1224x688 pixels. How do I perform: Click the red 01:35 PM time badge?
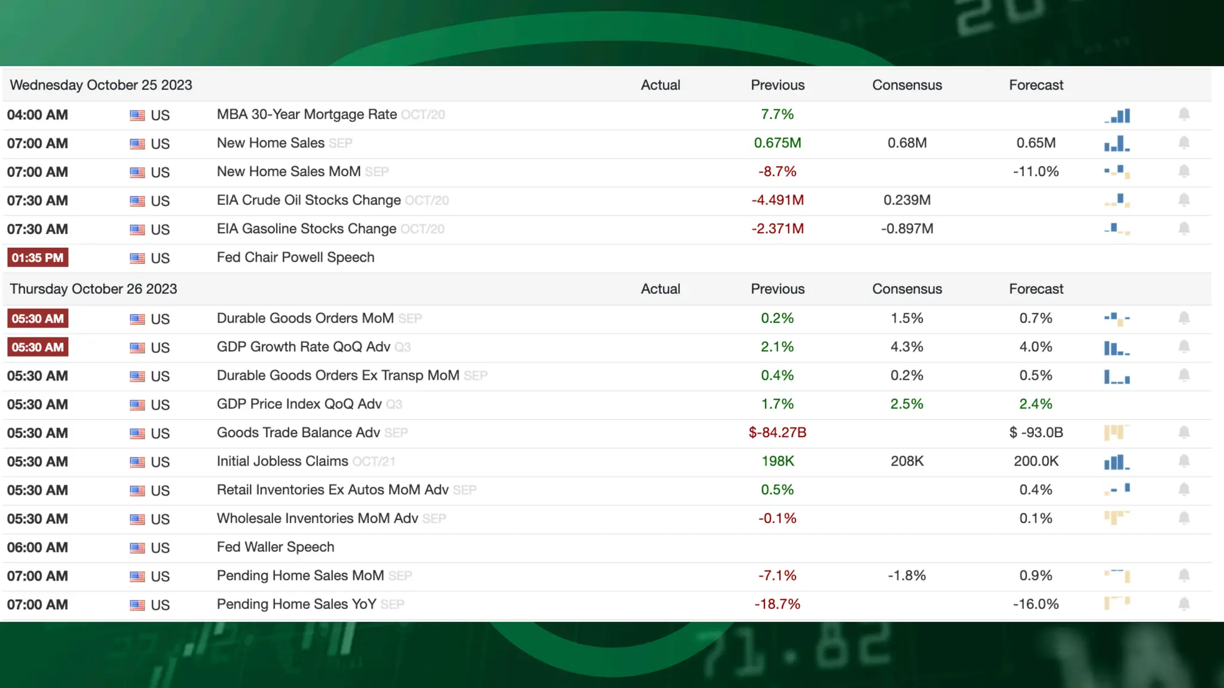pos(38,258)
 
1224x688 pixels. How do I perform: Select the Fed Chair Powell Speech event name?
pos(295,257)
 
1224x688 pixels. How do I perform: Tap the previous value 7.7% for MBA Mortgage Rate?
pos(777,114)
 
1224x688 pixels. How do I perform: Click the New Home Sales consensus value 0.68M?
pos(907,143)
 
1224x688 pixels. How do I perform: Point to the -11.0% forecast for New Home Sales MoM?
pos(1035,171)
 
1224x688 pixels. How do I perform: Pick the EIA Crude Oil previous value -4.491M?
pos(777,200)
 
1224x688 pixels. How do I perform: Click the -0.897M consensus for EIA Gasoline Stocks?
pos(907,229)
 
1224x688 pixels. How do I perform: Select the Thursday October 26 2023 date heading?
pos(94,289)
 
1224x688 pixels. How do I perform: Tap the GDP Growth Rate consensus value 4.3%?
pos(907,347)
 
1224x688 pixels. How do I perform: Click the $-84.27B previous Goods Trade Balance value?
pos(777,432)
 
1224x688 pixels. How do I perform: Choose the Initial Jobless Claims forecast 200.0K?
pos(1036,461)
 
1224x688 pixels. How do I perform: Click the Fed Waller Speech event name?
pos(276,547)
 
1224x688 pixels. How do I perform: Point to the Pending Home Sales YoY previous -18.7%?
pos(777,604)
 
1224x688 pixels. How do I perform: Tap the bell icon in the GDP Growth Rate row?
pos(1184,347)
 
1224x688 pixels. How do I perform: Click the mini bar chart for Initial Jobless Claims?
pos(1116,462)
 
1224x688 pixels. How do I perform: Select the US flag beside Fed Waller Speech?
pos(137,548)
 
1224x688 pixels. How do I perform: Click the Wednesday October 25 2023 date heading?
pos(101,85)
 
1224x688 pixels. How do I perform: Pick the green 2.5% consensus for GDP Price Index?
pos(907,404)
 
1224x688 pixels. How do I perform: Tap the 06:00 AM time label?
pos(38,547)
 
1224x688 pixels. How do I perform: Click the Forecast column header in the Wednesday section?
pos(1036,85)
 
